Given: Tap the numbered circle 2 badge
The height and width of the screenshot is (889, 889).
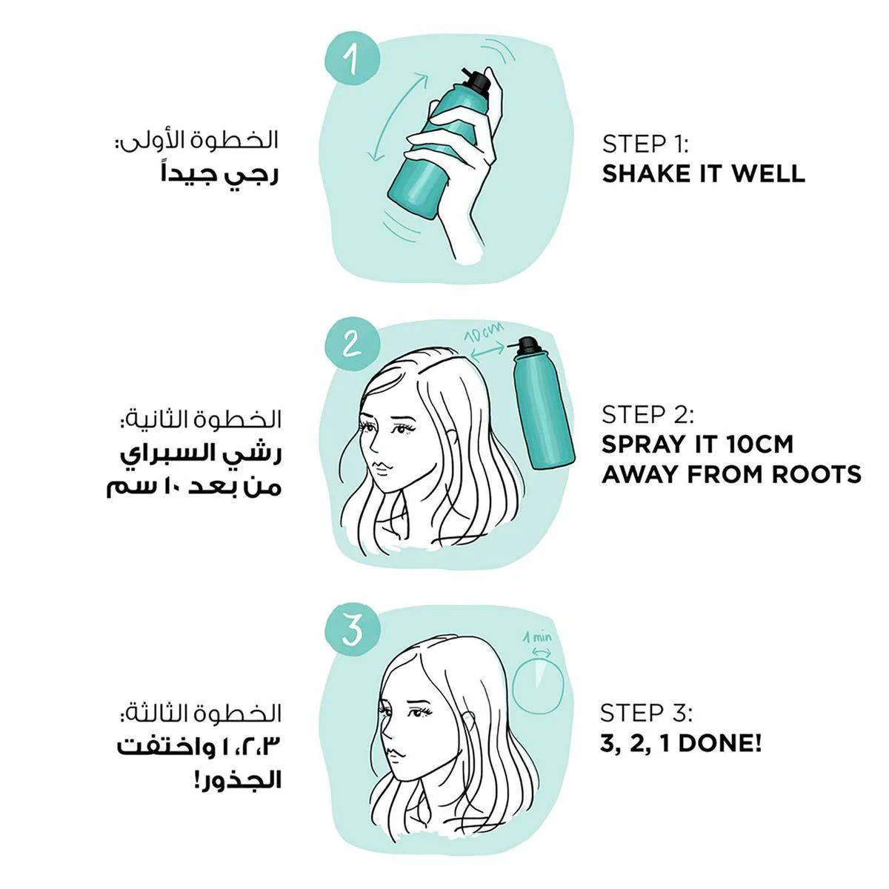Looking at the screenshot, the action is [353, 344].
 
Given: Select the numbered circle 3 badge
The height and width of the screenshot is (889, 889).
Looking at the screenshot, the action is [353, 630].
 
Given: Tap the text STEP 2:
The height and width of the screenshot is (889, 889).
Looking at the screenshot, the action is [647, 415].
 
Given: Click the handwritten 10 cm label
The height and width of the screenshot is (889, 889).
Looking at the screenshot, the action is [484, 333].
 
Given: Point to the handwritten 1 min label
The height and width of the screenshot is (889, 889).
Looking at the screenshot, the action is [537, 638].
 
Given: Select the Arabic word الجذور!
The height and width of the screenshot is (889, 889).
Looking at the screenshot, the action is [238, 780].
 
